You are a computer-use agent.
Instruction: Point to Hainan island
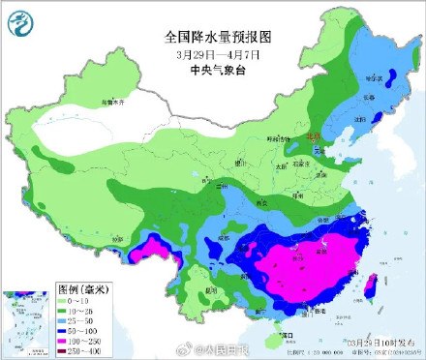coord(277,338)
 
